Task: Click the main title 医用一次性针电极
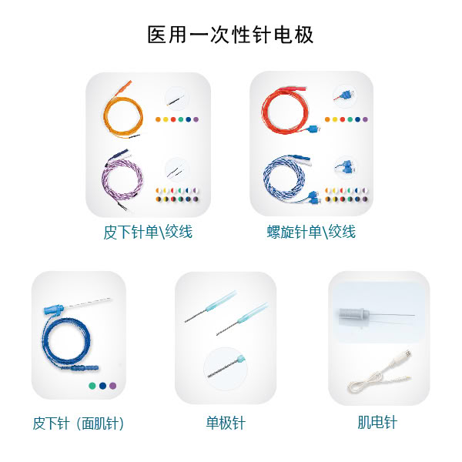[230, 35]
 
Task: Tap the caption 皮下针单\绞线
[148, 232]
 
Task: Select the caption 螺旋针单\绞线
[311, 232]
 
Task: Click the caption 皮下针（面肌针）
[79, 423]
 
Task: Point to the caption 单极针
[226, 423]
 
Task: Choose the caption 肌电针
[377, 422]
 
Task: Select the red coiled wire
[263, 110]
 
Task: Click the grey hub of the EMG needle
[353, 313]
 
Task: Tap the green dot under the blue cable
[92, 386]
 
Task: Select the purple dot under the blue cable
[113, 386]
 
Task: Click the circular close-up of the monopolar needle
[226, 369]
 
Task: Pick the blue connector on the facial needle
[54, 310]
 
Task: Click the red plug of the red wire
[293, 89]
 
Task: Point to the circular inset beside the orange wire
[176, 98]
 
